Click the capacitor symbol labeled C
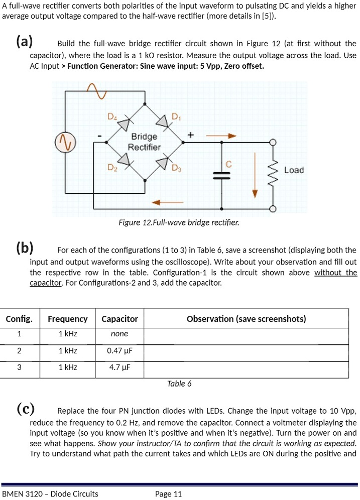coord(221,174)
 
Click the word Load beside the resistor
coord(294,170)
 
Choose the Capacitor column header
coord(119,319)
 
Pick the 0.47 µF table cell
coord(119,351)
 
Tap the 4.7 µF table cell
coord(119,367)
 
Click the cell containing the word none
coord(119,334)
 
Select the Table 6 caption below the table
coord(179,384)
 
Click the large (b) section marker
coord(25,248)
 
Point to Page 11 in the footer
coord(169,494)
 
